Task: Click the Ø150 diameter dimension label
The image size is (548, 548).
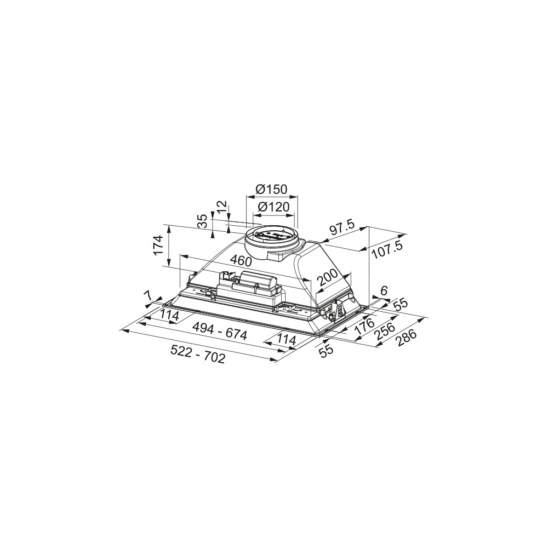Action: (271, 189)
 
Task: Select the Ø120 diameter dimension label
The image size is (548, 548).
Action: (273, 207)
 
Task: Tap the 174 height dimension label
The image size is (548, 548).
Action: (159, 246)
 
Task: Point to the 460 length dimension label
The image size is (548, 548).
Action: (241, 260)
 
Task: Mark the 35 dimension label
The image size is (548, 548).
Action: (203, 221)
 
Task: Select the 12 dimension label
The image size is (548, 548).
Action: (221, 208)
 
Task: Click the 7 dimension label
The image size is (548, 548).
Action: (149, 295)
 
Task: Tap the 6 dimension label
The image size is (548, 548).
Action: (384, 290)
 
